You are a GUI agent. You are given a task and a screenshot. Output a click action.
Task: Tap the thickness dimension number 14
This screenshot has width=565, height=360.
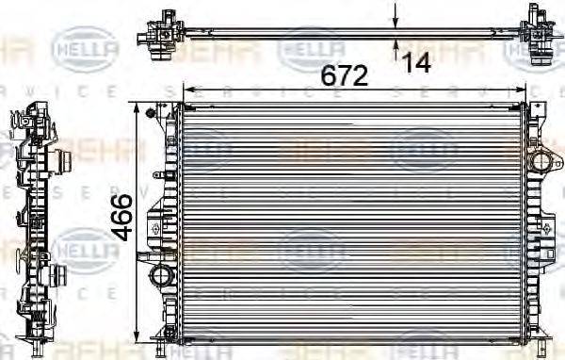[x=416, y=62]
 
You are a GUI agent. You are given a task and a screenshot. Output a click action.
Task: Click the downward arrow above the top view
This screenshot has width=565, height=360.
[x=395, y=13]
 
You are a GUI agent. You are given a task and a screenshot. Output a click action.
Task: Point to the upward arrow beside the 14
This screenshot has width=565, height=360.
[x=395, y=47]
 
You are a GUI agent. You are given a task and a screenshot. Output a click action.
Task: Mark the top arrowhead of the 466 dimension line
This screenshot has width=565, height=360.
[x=141, y=109]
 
